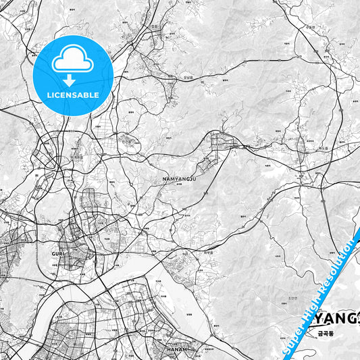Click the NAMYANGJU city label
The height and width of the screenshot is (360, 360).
tap(180, 179)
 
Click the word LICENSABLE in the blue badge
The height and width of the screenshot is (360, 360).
tap(72, 95)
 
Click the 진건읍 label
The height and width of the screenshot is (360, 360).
tap(126, 143)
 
